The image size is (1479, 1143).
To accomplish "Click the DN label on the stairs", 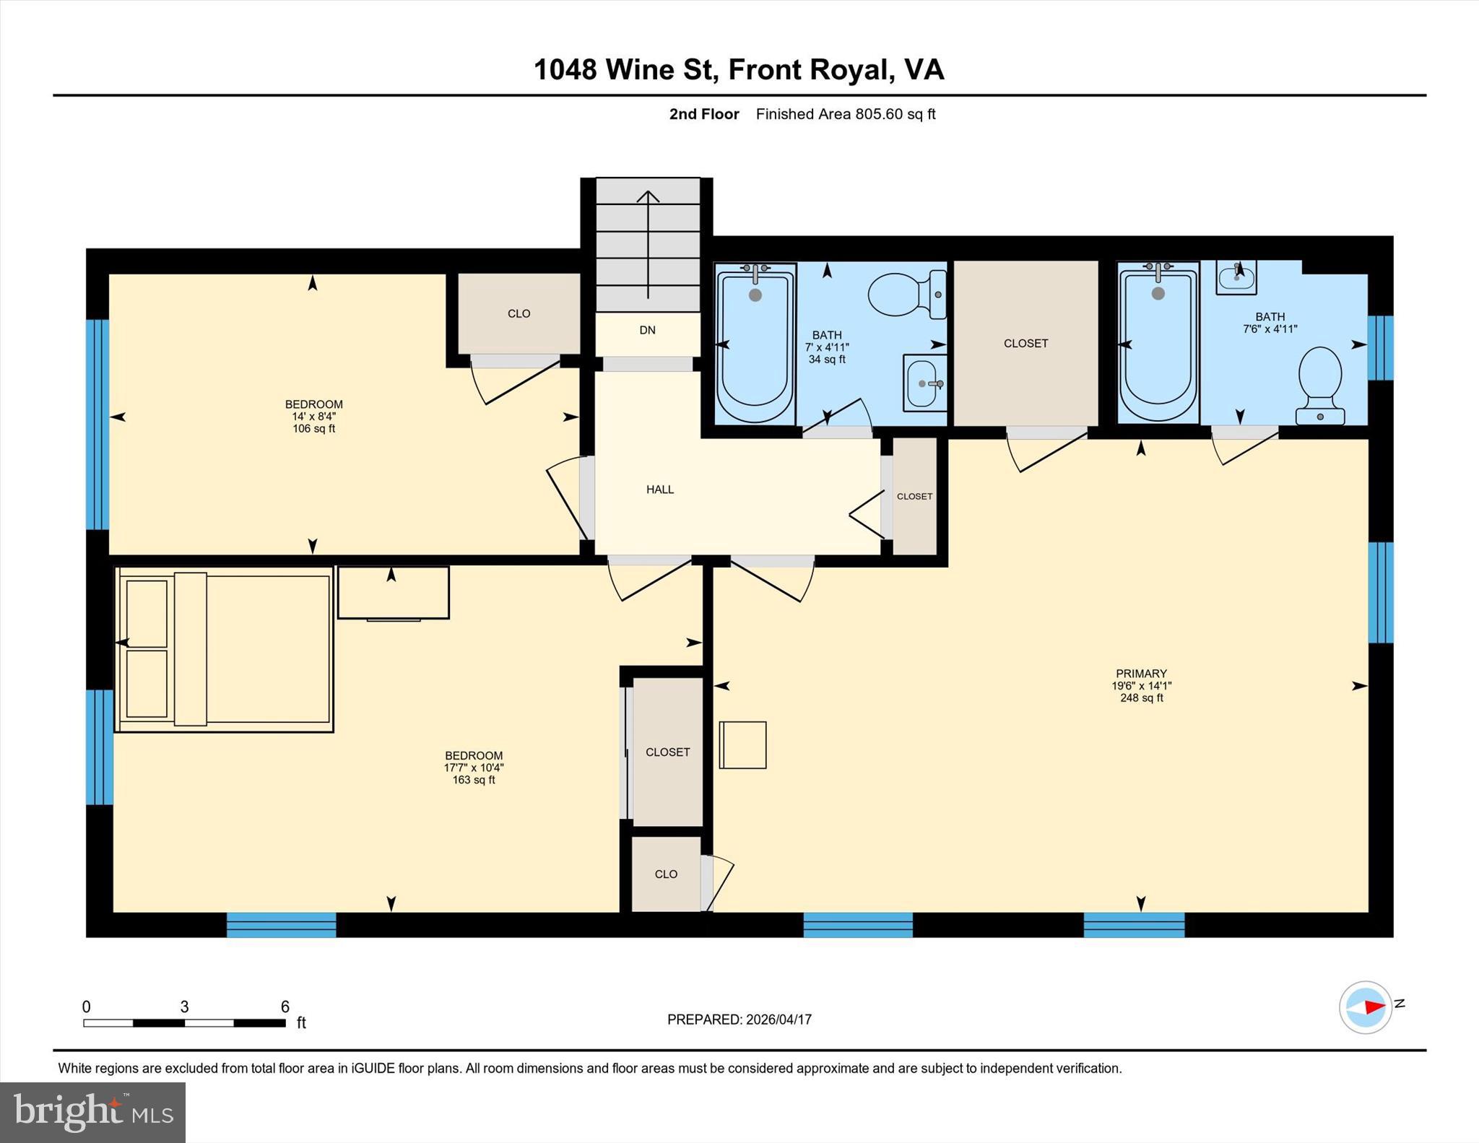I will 647,330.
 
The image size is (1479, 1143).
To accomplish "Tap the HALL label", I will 659,490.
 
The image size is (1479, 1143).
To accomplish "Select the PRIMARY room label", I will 1140,673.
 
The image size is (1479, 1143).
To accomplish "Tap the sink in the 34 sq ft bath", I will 924,383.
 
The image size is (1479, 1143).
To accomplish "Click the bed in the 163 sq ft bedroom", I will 224,649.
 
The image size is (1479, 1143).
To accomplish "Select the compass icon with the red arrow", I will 1365,1007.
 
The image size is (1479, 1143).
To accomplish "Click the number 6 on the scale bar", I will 285,1007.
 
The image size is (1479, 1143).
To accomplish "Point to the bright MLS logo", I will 92,1112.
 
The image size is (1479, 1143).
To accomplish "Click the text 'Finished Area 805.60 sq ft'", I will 845,114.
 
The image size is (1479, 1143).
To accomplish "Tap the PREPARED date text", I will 739,1020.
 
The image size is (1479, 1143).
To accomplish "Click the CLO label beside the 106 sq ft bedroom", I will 519,313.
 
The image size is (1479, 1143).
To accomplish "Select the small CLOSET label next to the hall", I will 914,496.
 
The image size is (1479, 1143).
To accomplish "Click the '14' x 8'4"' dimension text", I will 313,417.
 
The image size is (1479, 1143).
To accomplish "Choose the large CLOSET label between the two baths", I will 1025,343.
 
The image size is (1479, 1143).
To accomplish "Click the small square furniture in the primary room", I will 742,744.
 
